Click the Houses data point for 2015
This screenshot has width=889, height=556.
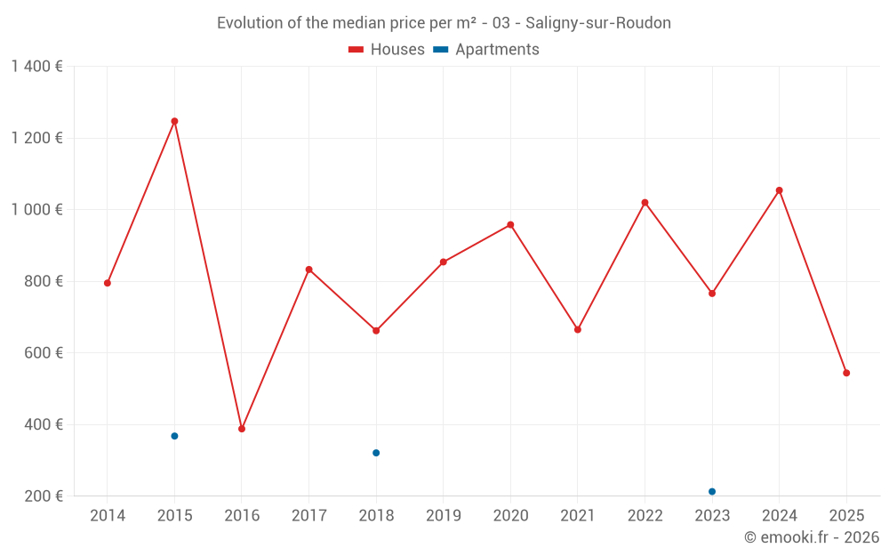pos(174,121)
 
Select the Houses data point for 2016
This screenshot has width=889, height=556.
pos(242,429)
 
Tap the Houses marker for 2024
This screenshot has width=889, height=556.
pos(779,190)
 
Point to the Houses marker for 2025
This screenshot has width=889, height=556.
pos(846,373)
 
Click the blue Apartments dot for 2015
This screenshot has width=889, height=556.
pos(174,436)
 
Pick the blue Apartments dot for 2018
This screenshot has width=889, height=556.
pos(376,453)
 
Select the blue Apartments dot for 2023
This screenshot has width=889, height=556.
pos(712,491)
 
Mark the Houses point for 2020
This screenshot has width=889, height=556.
pos(510,225)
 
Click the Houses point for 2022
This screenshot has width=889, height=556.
pos(645,203)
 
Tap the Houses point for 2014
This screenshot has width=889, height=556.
pos(108,283)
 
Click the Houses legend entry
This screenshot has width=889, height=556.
pos(387,50)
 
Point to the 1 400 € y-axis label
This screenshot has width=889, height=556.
pos(36,67)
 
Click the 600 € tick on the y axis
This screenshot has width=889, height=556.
pos(43,353)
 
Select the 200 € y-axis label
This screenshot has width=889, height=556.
pos(43,496)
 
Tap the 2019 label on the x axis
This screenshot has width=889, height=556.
pos(443,516)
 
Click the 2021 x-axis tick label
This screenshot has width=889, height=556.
pos(578,516)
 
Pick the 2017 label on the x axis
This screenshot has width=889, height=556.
pos(308,516)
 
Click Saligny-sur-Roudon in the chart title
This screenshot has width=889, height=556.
pos(598,23)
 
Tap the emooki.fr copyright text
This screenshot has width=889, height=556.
pos(811,537)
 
